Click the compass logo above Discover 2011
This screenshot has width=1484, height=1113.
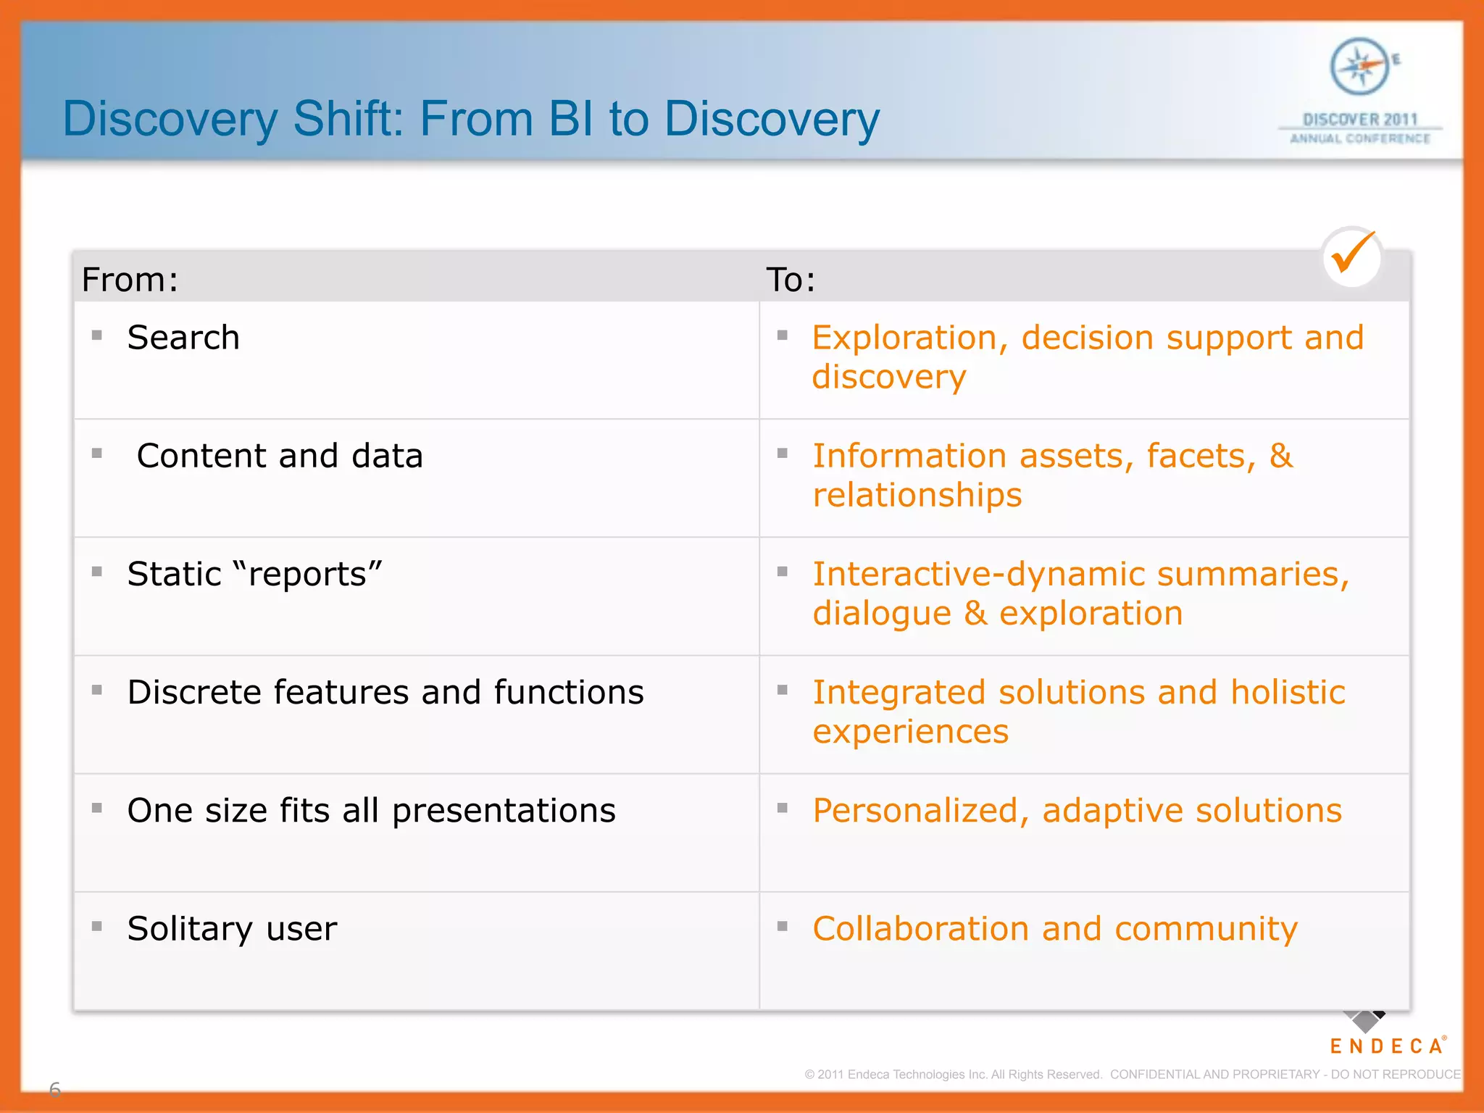(x=1360, y=67)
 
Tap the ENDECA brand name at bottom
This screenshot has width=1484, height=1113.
(x=1386, y=1046)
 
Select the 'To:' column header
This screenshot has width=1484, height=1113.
(x=791, y=280)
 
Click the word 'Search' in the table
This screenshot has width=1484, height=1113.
(x=183, y=338)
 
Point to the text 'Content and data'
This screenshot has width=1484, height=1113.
(x=280, y=456)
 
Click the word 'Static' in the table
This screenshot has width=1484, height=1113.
(x=174, y=574)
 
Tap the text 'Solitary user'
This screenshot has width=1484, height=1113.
(x=232, y=928)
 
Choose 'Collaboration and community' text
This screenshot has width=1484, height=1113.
(x=1054, y=928)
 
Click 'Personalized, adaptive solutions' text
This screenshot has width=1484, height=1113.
(x=1077, y=810)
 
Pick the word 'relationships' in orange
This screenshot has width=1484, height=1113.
(x=917, y=495)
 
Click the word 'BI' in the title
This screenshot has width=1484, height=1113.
(x=572, y=119)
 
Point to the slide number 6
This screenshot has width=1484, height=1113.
(x=54, y=1088)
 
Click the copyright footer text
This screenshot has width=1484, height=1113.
(x=1132, y=1074)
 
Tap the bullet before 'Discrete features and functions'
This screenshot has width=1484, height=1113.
(x=97, y=690)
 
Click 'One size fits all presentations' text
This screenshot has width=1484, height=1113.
(x=371, y=810)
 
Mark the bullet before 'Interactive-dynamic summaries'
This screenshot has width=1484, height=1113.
(x=783, y=572)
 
